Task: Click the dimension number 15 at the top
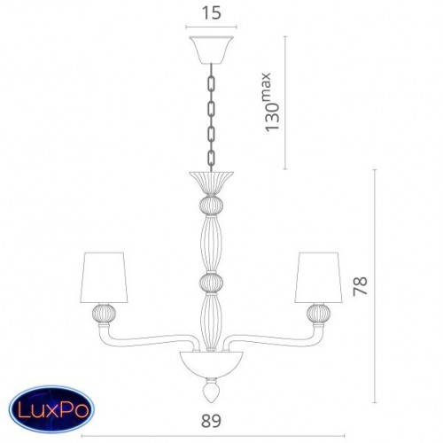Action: pos(212,13)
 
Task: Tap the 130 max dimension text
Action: pos(271,102)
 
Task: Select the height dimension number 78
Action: pos(361,286)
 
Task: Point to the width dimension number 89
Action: pos(211,421)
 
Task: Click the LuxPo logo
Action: pos(51,410)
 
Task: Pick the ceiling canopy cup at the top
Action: pos(211,50)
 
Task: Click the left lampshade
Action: pos(104,277)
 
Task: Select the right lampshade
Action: pos(319,277)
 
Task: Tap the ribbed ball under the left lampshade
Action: pos(105,314)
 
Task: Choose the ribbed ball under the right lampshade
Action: pos(319,314)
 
